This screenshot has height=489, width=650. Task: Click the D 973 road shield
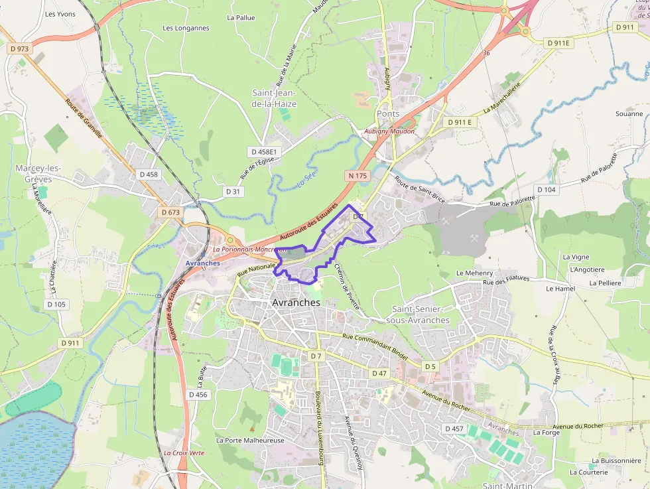click(20, 48)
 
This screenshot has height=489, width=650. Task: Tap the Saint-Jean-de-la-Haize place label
click(274, 98)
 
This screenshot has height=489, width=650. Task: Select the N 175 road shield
click(357, 175)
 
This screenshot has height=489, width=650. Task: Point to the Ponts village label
click(388, 113)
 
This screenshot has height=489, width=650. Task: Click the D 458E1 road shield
click(263, 152)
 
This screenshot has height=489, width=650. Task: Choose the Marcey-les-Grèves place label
click(38, 173)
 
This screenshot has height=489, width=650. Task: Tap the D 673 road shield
click(170, 212)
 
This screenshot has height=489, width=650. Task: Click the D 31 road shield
click(232, 191)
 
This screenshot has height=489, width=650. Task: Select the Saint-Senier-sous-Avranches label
click(421, 314)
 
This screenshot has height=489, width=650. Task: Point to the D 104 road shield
click(546, 190)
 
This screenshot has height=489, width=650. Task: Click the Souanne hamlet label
click(629, 113)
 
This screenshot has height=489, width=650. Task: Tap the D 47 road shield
click(379, 373)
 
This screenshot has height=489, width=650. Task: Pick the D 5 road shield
click(430, 366)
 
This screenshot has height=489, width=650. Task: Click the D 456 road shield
click(198, 394)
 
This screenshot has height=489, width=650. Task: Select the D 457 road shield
click(454, 429)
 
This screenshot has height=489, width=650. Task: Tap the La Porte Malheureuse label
click(250, 440)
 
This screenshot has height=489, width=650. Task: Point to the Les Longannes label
click(186, 28)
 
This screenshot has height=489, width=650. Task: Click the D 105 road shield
click(57, 304)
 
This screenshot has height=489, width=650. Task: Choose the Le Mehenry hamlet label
click(474, 273)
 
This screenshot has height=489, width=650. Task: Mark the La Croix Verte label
click(184, 453)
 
